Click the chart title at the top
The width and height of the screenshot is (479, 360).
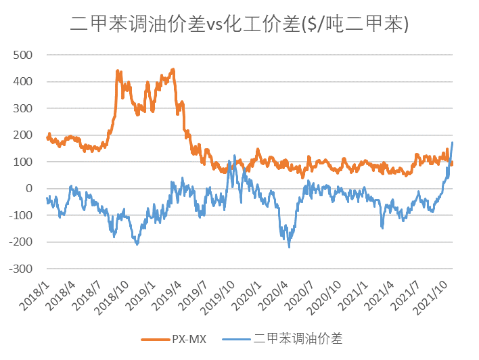pyautogui.click(x=239, y=25)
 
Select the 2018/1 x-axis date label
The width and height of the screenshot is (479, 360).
pyautogui.click(x=35, y=292)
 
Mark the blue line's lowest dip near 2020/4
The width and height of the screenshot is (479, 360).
pyautogui.click(x=290, y=247)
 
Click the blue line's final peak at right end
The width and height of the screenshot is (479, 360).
pyautogui.click(x=452, y=142)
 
